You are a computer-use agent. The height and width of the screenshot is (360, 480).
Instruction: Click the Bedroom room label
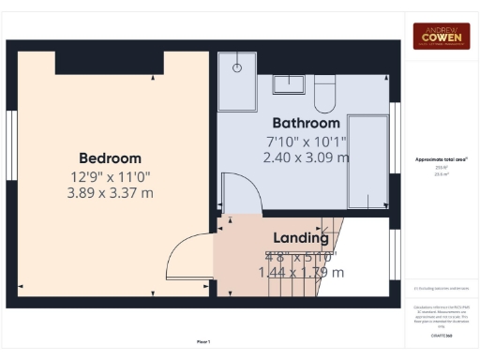110,158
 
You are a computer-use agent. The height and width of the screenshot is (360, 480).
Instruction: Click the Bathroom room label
306,123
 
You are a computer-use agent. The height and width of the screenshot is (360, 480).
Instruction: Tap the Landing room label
300,238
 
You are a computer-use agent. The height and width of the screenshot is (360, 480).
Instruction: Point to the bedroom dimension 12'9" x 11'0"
110,175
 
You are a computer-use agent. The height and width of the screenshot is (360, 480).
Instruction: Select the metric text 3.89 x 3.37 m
110,192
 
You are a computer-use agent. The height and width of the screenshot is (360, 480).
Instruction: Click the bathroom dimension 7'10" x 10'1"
306,142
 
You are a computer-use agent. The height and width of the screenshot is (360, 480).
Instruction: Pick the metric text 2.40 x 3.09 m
306,157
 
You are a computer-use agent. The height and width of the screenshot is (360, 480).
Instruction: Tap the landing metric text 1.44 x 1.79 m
300,272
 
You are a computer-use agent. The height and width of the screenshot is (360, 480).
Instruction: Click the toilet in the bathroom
325,92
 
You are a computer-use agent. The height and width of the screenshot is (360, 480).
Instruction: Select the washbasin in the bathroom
288,84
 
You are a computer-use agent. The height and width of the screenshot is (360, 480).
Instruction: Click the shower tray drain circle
239,67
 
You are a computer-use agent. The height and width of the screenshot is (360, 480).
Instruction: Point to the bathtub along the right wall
368,159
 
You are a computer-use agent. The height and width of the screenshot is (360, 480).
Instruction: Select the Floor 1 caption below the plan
203,341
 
